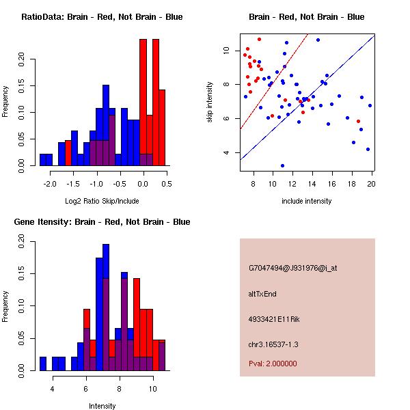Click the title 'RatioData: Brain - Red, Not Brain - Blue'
(x=102, y=17)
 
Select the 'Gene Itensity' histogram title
(x=102, y=222)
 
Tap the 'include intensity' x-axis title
(x=307, y=201)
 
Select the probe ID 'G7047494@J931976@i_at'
(x=292, y=268)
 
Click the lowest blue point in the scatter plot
(x=282, y=165)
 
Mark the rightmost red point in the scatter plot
(x=358, y=121)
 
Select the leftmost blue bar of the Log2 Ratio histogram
(x=46, y=160)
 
